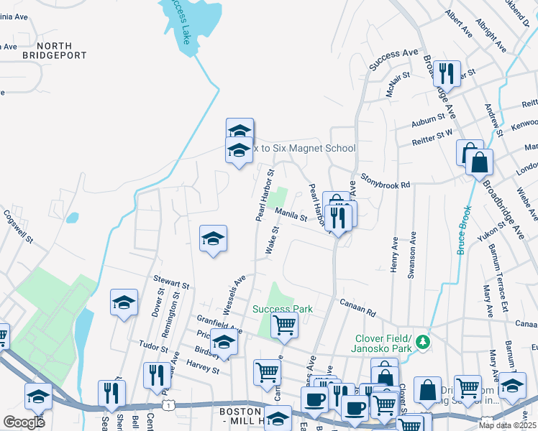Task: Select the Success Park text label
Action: coord(283,309)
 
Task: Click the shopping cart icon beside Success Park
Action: coord(284,325)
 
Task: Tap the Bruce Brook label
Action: coord(464,231)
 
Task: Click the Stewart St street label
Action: coord(170,281)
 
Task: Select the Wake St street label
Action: coord(272,240)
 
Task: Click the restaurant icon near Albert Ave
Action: coord(447,73)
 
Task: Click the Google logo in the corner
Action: coord(24,422)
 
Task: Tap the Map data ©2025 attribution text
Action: coord(507,425)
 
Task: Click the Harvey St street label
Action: coord(202,366)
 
